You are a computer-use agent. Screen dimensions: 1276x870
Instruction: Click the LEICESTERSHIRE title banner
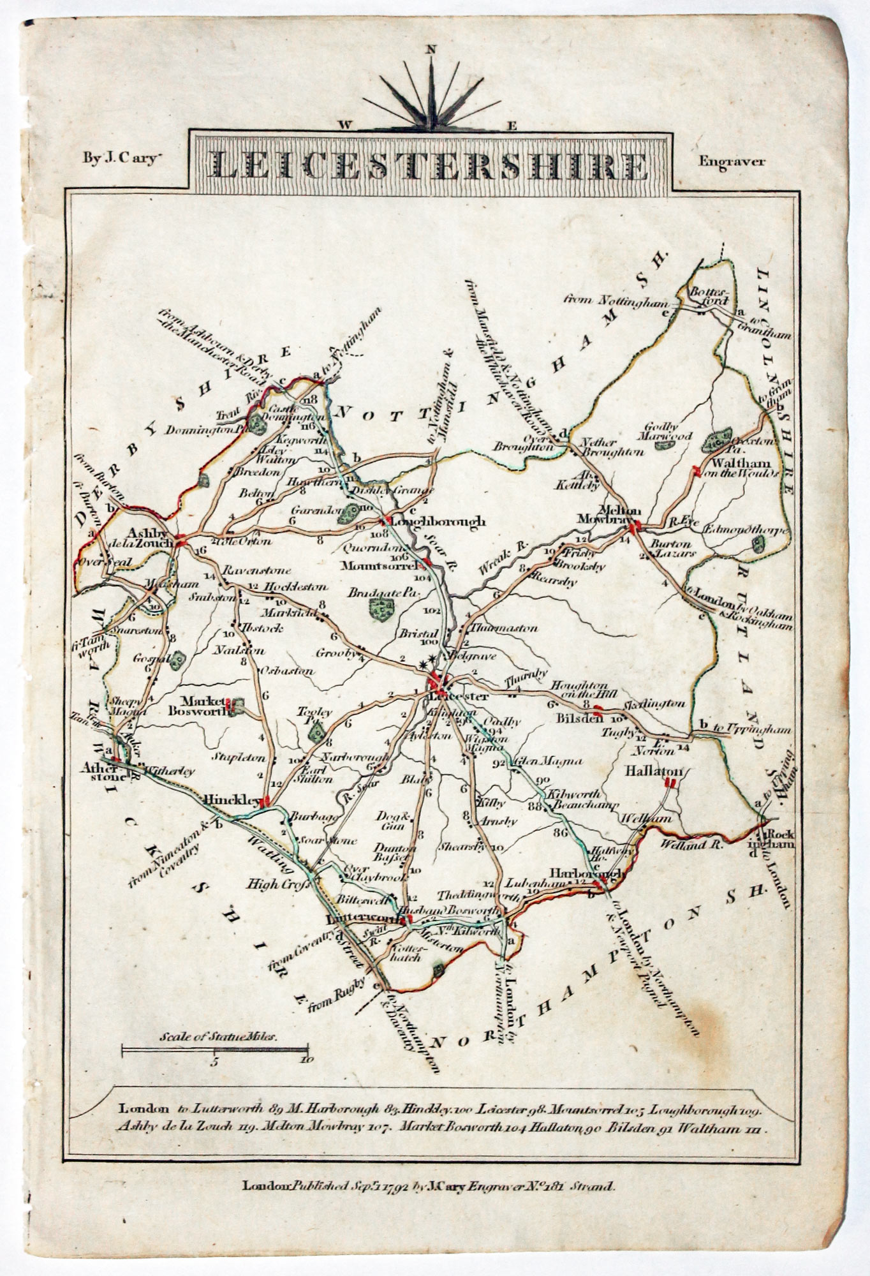point(432,164)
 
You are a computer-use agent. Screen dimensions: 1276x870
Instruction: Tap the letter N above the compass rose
point(432,48)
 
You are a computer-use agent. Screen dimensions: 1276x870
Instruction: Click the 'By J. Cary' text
point(119,160)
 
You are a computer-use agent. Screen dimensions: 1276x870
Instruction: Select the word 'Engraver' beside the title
point(731,161)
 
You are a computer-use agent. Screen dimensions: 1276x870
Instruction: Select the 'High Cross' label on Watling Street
point(277,884)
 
